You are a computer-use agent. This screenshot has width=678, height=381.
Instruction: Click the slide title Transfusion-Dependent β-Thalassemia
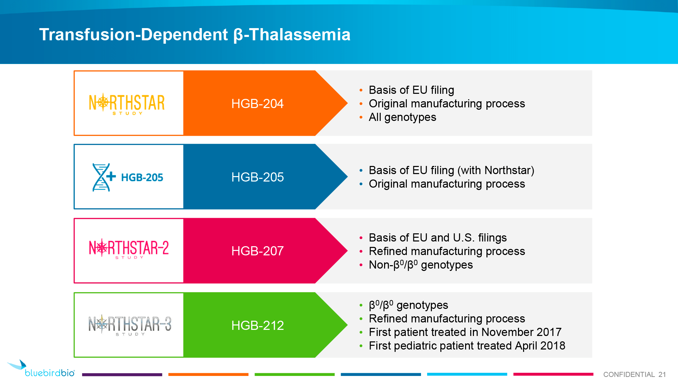pyautogui.click(x=195, y=35)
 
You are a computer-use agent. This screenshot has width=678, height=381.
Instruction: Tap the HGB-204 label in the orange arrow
pyautogui.click(x=257, y=104)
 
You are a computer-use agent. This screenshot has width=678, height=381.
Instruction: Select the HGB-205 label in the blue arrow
pyautogui.click(x=257, y=177)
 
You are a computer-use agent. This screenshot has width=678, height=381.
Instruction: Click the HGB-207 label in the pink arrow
pyautogui.click(x=257, y=251)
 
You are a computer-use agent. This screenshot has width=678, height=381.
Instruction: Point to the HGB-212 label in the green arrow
pyautogui.click(x=257, y=325)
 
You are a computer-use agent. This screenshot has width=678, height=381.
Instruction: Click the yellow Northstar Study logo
pyautogui.click(x=127, y=103)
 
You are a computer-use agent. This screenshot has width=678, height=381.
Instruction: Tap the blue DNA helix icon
pyautogui.click(x=101, y=177)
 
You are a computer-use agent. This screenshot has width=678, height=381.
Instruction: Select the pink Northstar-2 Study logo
pyautogui.click(x=129, y=249)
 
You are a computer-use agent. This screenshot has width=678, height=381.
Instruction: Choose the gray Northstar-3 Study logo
pyautogui.click(x=130, y=325)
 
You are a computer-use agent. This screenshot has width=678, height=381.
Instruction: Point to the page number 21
pyautogui.click(x=662, y=375)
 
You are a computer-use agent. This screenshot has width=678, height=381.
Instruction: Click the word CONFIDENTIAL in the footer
pyautogui.click(x=629, y=375)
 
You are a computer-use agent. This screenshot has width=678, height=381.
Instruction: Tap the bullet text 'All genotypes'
pyautogui.click(x=402, y=117)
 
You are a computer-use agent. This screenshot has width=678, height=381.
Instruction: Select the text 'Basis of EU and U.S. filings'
pyautogui.click(x=438, y=238)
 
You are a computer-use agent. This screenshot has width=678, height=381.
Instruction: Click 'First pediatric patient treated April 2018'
pyautogui.click(x=467, y=346)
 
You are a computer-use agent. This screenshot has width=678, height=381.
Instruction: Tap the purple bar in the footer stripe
pyautogui.click(x=122, y=375)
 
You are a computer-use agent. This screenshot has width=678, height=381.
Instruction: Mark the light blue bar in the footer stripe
pyautogui.click(x=467, y=374)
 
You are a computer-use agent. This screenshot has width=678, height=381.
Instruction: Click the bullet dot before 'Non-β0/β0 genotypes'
pyautogui.click(x=361, y=265)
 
